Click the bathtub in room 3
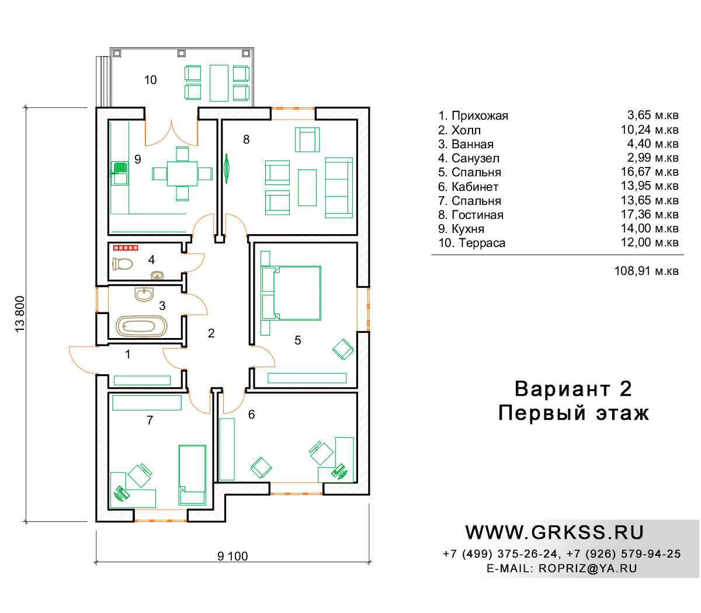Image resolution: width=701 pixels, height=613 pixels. pos(141,326)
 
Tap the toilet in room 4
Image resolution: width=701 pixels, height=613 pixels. pos(122,264)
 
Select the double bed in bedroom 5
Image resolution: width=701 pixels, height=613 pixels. pos(291,293)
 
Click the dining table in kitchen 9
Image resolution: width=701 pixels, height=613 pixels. pos(182,173)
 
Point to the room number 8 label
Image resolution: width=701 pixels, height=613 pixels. pos(246,140)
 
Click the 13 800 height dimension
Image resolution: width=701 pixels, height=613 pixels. pos(20,314)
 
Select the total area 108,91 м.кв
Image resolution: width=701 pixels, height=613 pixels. pos(646,271)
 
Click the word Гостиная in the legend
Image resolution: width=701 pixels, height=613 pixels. pos(477,215)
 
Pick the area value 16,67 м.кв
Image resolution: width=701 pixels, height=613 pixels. pos(650,172)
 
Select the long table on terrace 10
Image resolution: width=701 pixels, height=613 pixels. pos(219,83)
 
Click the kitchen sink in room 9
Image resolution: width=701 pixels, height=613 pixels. pos(120,173)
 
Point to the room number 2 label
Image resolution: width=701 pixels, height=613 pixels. pos(211,333)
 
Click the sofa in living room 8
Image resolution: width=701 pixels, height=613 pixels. pos(339,187)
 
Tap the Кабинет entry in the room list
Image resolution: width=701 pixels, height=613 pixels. pos(475,187)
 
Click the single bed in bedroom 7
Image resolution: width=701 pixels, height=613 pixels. pos(192,475)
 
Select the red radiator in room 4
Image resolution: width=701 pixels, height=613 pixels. pos(126,248)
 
